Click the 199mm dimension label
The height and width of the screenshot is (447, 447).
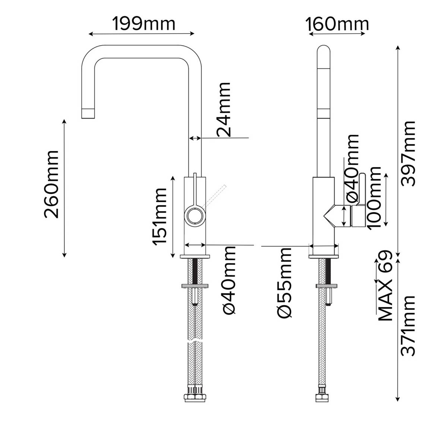(144, 24)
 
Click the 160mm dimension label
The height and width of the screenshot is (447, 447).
(337, 24)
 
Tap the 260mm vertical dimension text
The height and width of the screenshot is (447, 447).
(51, 184)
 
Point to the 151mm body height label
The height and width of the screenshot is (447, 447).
(160, 216)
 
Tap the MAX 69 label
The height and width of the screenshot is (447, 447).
(386, 286)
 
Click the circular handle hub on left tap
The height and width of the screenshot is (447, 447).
(195, 216)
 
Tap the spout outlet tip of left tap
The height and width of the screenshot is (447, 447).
(88, 113)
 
